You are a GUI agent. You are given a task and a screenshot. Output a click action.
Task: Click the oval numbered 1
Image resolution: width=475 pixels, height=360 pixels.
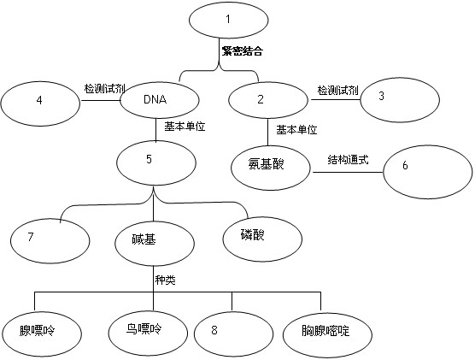click(228, 20)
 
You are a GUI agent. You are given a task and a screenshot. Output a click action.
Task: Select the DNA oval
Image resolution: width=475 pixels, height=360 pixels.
click(160, 100)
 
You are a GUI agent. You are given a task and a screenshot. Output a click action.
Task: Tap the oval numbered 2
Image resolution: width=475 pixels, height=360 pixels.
click(268, 100)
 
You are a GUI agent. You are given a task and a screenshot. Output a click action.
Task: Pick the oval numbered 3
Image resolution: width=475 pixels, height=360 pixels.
click(400, 100)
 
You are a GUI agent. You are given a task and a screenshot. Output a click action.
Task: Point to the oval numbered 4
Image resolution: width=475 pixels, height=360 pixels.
click(40, 103)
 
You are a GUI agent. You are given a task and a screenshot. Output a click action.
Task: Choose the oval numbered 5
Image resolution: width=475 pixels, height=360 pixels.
click(156, 162)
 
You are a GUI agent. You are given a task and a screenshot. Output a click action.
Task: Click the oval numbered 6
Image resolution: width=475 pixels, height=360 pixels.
click(428, 172)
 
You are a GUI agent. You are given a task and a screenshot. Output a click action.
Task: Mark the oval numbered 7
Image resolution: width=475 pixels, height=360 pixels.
click(50, 241)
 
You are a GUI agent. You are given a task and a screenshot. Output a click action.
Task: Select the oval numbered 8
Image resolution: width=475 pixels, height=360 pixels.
click(233, 333)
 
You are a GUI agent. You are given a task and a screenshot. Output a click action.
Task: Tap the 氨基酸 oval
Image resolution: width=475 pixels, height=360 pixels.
click(271, 168)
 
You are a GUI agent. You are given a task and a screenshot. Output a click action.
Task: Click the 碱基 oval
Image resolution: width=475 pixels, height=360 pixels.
click(155, 243)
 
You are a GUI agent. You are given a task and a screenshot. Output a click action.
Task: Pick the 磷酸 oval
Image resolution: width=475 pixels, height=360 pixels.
click(262, 239)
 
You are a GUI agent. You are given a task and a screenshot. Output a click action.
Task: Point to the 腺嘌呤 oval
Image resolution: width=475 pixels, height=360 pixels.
click(41, 333)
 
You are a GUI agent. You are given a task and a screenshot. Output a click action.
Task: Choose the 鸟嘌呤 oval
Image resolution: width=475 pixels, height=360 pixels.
click(148, 333)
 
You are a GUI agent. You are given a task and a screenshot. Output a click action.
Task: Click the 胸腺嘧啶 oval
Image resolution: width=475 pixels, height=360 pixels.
click(327, 333)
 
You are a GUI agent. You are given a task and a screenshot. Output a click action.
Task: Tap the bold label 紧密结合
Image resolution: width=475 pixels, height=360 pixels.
click(242, 51)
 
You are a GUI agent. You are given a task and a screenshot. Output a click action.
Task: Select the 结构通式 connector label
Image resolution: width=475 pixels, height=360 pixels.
click(348, 159)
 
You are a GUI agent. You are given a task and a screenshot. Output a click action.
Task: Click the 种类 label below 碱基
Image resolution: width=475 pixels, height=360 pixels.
click(166, 280)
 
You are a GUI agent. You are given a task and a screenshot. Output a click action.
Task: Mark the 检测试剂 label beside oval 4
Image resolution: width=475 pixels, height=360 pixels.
click(104, 89)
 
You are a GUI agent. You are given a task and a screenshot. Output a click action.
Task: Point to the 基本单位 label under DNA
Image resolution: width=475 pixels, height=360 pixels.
click(185, 127)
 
